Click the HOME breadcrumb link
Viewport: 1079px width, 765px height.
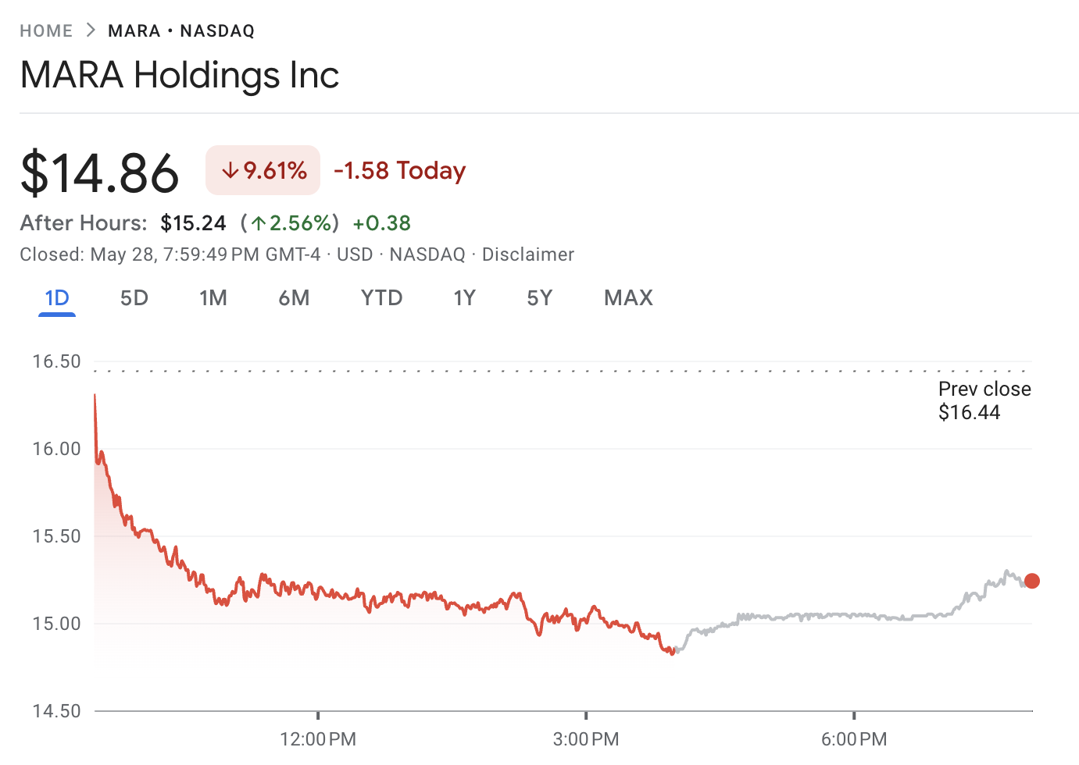point(46,31)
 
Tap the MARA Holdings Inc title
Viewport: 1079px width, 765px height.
point(180,76)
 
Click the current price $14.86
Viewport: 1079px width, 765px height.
point(100,173)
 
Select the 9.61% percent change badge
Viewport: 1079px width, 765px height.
point(263,170)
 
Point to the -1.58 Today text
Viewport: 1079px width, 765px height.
point(400,170)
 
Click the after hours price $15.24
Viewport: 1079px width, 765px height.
point(193,223)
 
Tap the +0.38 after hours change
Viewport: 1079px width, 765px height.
point(381,223)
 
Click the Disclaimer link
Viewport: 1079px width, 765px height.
point(527,254)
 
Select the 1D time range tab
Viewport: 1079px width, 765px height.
point(57,298)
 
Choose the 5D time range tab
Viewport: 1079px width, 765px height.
point(134,298)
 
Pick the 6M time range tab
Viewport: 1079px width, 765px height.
point(294,298)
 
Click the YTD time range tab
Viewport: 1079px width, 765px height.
point(381,298)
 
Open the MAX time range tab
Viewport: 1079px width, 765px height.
point(628,298)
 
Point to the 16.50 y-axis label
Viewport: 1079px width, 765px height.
point(56,361)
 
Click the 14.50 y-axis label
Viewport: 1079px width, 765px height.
point(56,711)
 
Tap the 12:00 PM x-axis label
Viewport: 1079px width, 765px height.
point(318,738)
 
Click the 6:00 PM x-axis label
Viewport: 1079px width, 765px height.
point(854,738)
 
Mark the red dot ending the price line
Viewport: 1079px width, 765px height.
point(1032,581)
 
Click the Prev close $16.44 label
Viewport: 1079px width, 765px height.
point(984,400)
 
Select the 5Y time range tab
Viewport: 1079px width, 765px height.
point(540,298)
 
